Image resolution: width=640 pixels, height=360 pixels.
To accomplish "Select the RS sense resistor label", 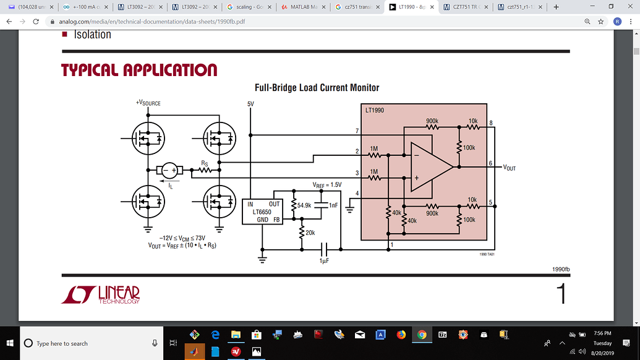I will click(x=204, y=163).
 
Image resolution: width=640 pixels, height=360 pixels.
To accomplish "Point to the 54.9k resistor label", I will click(x=304, y=205).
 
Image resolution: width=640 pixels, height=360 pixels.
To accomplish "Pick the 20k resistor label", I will click(x=310, y=233).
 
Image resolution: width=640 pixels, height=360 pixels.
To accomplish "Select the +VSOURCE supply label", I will click(x=148, y=103).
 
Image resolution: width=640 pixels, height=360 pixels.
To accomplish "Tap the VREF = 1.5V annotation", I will click(x=326, y=185).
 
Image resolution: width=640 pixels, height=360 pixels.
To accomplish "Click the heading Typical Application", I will click(x=139, y=70).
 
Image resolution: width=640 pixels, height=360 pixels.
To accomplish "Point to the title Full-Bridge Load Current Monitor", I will click(x=317, y=88).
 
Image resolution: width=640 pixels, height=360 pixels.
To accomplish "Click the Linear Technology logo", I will click(x=101, y=294).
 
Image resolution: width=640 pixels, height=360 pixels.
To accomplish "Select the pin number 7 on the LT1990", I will click(x=357, y=131).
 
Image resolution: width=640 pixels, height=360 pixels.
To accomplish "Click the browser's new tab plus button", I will click(x=556, y=7).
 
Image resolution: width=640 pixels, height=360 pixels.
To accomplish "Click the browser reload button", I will click(x=36, y=21).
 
